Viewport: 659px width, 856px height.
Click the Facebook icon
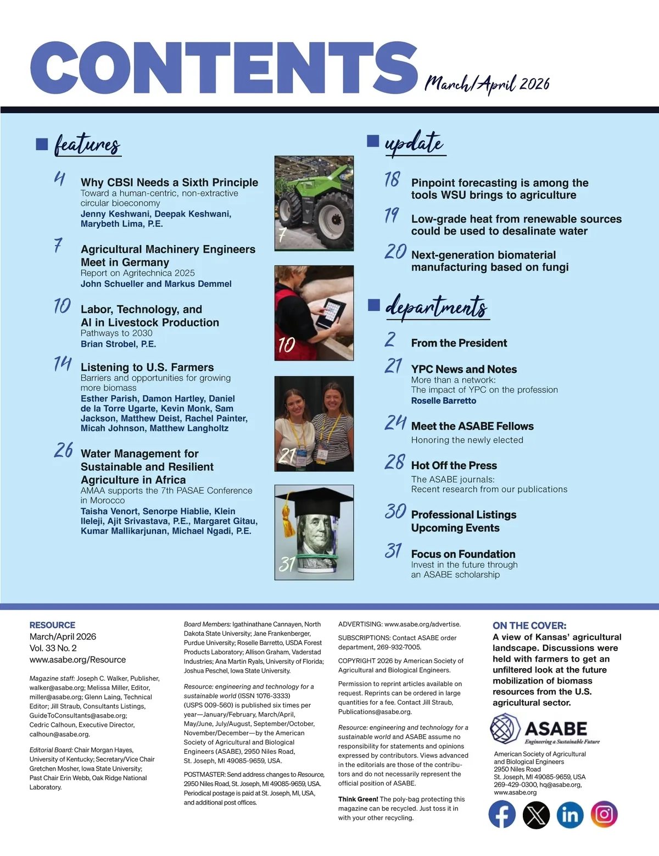[x=502, y=814]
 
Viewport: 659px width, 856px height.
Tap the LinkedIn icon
[x=570, y=814]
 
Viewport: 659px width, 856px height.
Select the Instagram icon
[x=604, y=814]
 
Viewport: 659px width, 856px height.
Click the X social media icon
[x=536, y=814]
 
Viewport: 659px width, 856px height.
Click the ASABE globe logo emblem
[x=505, y=729]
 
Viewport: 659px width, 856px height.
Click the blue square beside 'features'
[x=42, y=144]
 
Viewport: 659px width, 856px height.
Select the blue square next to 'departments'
[x=374, y=305]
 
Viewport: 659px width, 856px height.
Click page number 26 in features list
[x=64, y=451]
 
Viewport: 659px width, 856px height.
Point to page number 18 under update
[x=392, y=179]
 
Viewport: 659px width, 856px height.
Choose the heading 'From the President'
[x=459, y=343]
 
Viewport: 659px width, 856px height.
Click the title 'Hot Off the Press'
[x=454, y=465]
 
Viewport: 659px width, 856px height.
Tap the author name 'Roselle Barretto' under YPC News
[x=443, y=401]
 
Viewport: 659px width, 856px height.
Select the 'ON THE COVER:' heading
[x=529, y=625]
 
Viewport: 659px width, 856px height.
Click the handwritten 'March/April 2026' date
[x=487, y=84]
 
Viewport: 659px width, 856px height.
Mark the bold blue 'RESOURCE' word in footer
[x=52, y=625]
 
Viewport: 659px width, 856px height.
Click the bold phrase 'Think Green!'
[x=358, y=799]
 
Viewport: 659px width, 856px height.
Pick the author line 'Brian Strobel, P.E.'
[x=118, y=344]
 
